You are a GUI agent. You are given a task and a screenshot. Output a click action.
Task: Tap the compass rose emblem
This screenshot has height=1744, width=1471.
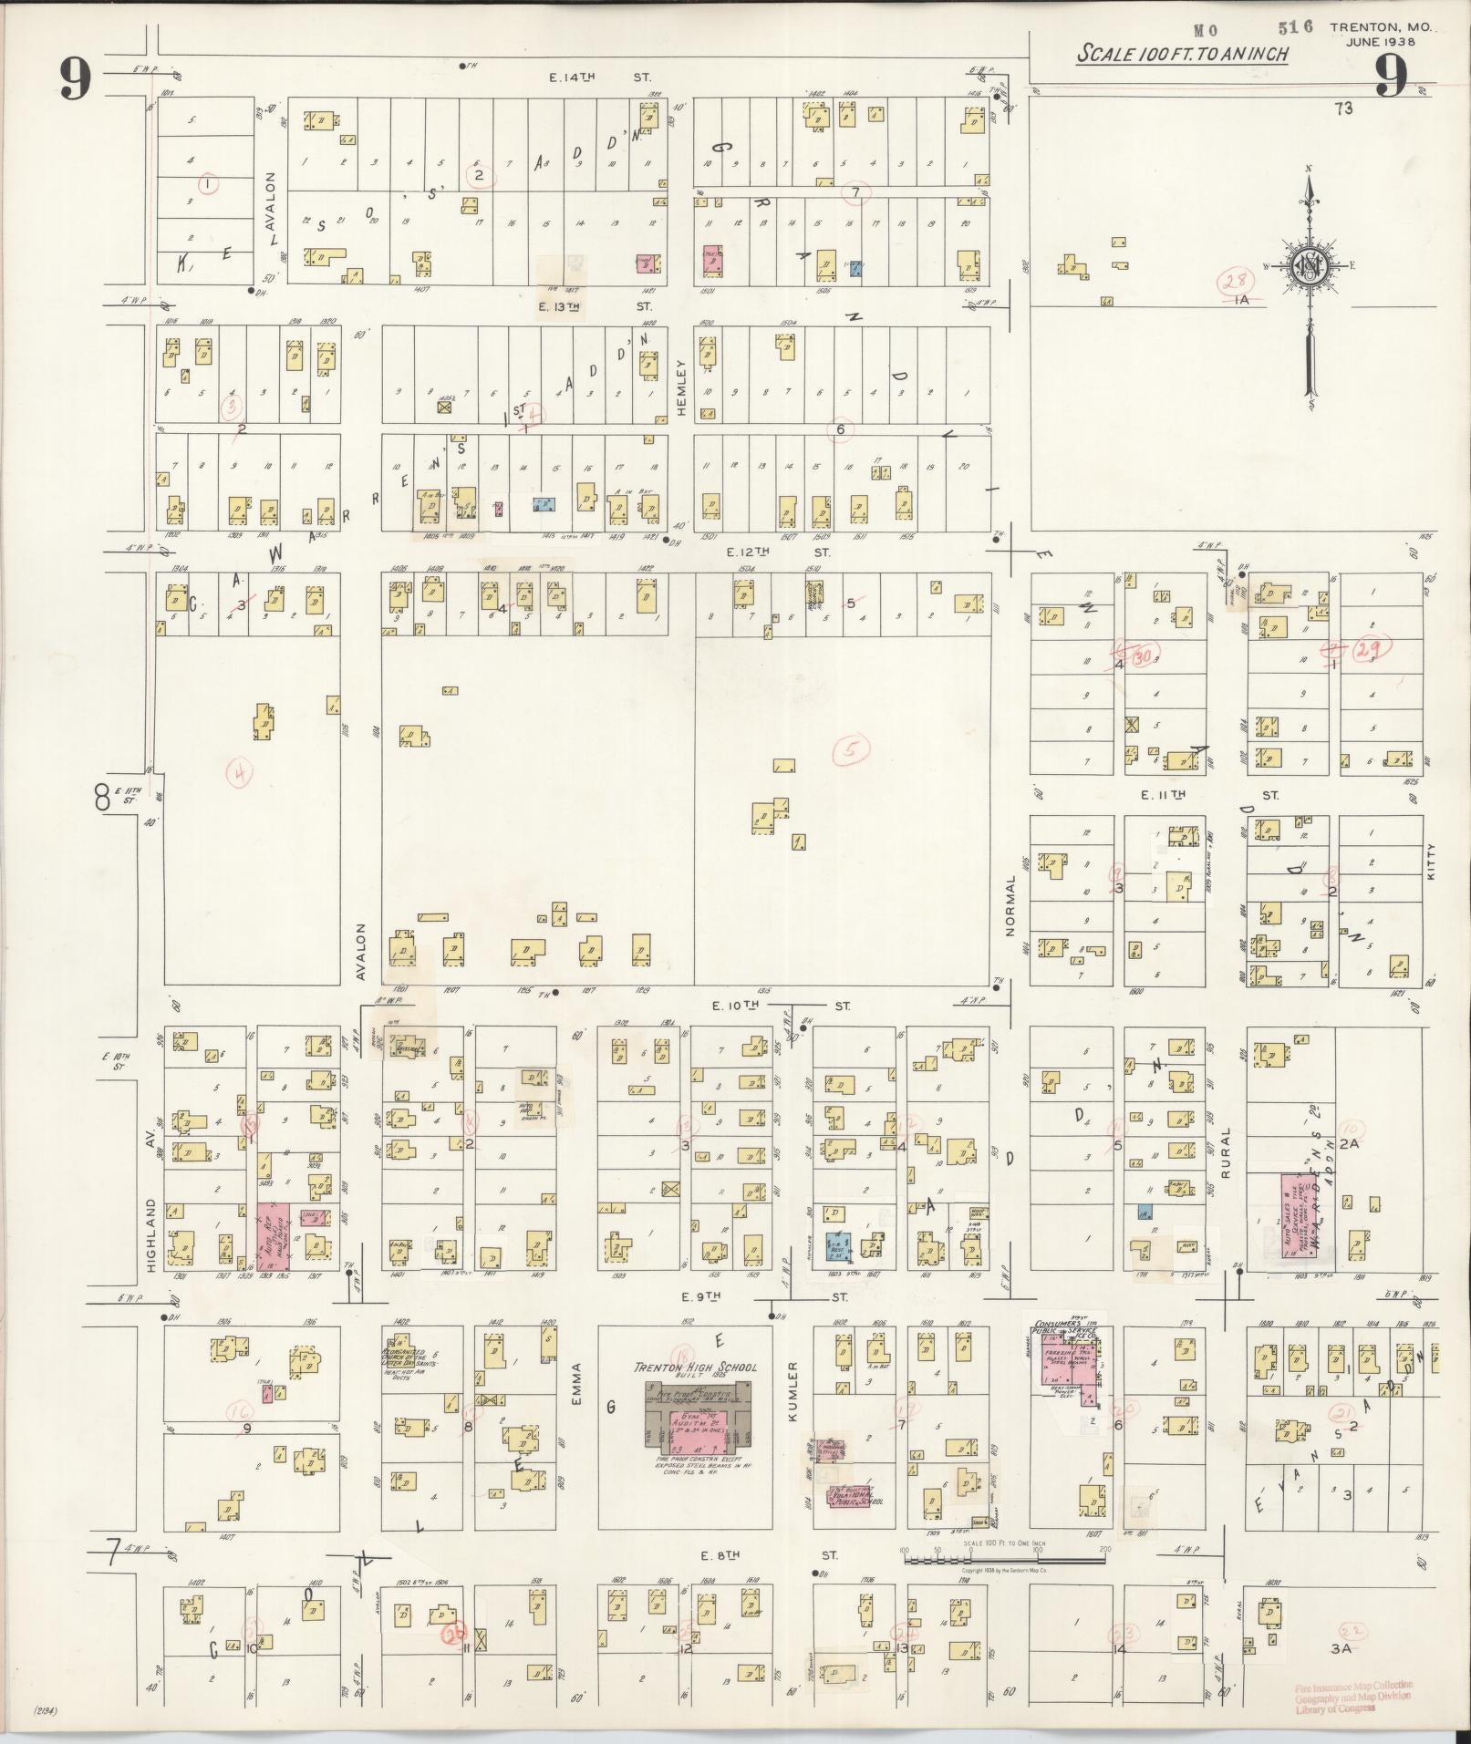click(x=1309, y=265)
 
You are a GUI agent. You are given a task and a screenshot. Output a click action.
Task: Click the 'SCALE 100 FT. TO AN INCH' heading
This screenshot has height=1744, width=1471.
click(x=1183, y=54)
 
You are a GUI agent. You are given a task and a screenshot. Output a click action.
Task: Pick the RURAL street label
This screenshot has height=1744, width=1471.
click(x=1227, y=1153)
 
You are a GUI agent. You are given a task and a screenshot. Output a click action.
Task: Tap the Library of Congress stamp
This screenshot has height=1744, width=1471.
click(x=1352, y=1698)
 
